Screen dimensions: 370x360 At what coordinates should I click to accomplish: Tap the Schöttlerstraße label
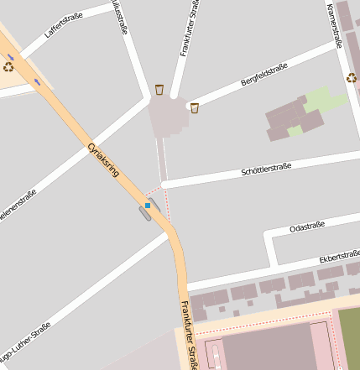(x=266, y=168)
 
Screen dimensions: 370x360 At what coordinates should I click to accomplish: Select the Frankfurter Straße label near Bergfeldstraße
(x=190, y=29)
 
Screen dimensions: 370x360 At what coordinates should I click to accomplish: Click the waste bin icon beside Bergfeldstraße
(x=195, y=107)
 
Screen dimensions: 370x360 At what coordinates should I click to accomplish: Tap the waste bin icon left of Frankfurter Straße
(x=159, y=89)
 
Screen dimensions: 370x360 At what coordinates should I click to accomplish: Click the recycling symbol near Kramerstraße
(x=351, y=78)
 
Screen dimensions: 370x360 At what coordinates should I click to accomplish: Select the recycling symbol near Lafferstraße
(x=8, y=65)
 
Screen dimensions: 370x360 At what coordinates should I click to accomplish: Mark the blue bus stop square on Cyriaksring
(x=148, y=205)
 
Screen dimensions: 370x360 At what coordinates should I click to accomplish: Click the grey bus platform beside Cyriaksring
(x=145, y=213)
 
